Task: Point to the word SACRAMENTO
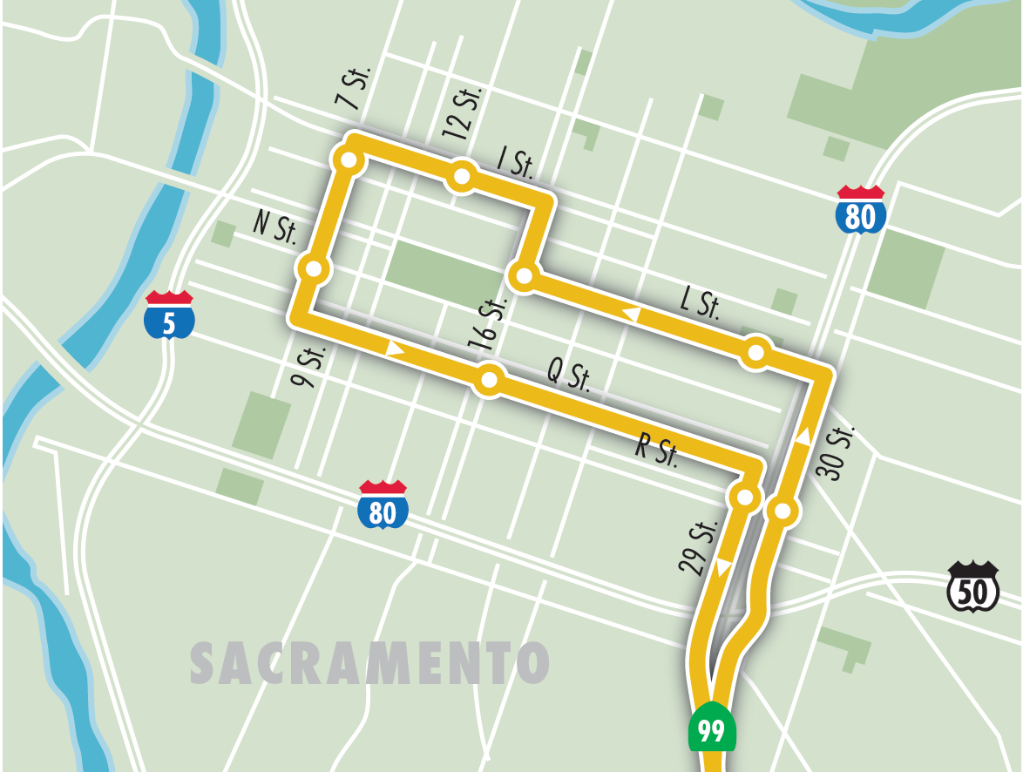pos(369,663)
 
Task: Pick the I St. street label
pos(515,162)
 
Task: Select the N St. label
pos(275,227)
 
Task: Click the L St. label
pos(700,304)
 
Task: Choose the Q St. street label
pos(569,376)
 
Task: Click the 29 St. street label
pos(697,547)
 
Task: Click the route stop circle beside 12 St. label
pos(461,178)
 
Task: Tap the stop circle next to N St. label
pos(314,269)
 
